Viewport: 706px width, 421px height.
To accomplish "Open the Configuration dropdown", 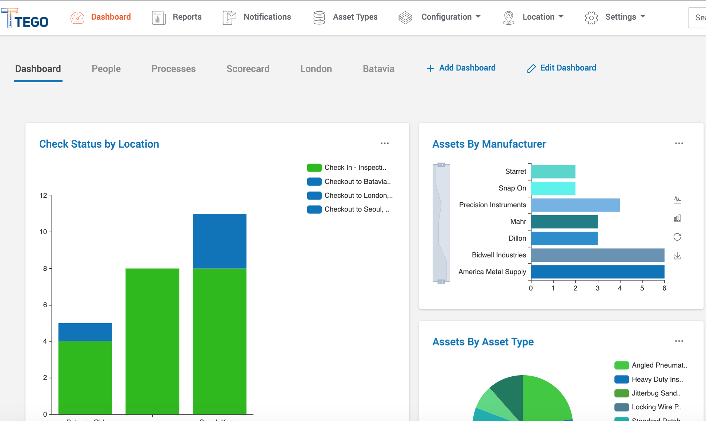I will pos(450,17).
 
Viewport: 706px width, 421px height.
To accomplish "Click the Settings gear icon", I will pos(591,17).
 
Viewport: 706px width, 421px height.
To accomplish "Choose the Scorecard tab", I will pos(248,69).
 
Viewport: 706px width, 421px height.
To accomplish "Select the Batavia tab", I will pos(378,69).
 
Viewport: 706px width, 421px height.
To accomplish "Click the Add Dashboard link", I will pos(461,68).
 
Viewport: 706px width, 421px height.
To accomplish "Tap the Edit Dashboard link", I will pos(562,68).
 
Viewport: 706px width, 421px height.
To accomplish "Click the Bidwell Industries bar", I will pos(597,255).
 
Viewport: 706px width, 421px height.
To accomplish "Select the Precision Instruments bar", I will pos(575,205).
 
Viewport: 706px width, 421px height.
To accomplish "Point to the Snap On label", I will pos(512,188).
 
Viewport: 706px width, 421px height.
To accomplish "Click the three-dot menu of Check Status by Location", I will pos(385,144).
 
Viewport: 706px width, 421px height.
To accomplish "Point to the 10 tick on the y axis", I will pos(43,232).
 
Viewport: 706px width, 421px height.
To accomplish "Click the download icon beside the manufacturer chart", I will pos(677,256).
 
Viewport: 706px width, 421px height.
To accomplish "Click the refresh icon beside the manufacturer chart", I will pos(677,237).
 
